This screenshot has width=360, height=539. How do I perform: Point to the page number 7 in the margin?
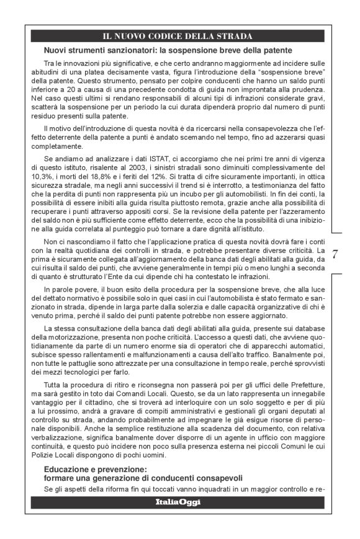pyautogui.click(x=336, y=254)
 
